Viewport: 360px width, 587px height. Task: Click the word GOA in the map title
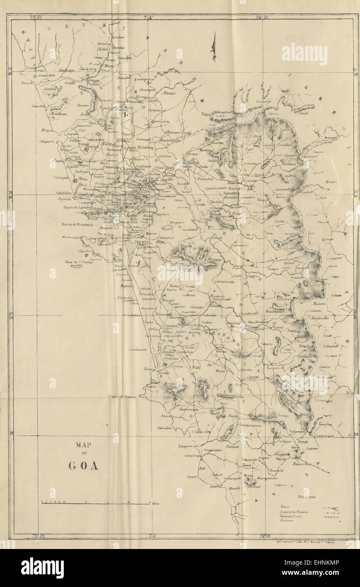click(83, 466)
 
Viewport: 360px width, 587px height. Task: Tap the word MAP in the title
click(83, 445)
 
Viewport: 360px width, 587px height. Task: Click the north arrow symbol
click(214, 47)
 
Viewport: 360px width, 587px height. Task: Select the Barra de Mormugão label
click(77, 224)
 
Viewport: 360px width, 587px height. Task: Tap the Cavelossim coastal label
click(137, 349)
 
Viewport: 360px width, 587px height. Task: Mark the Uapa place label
click(205, 114)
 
